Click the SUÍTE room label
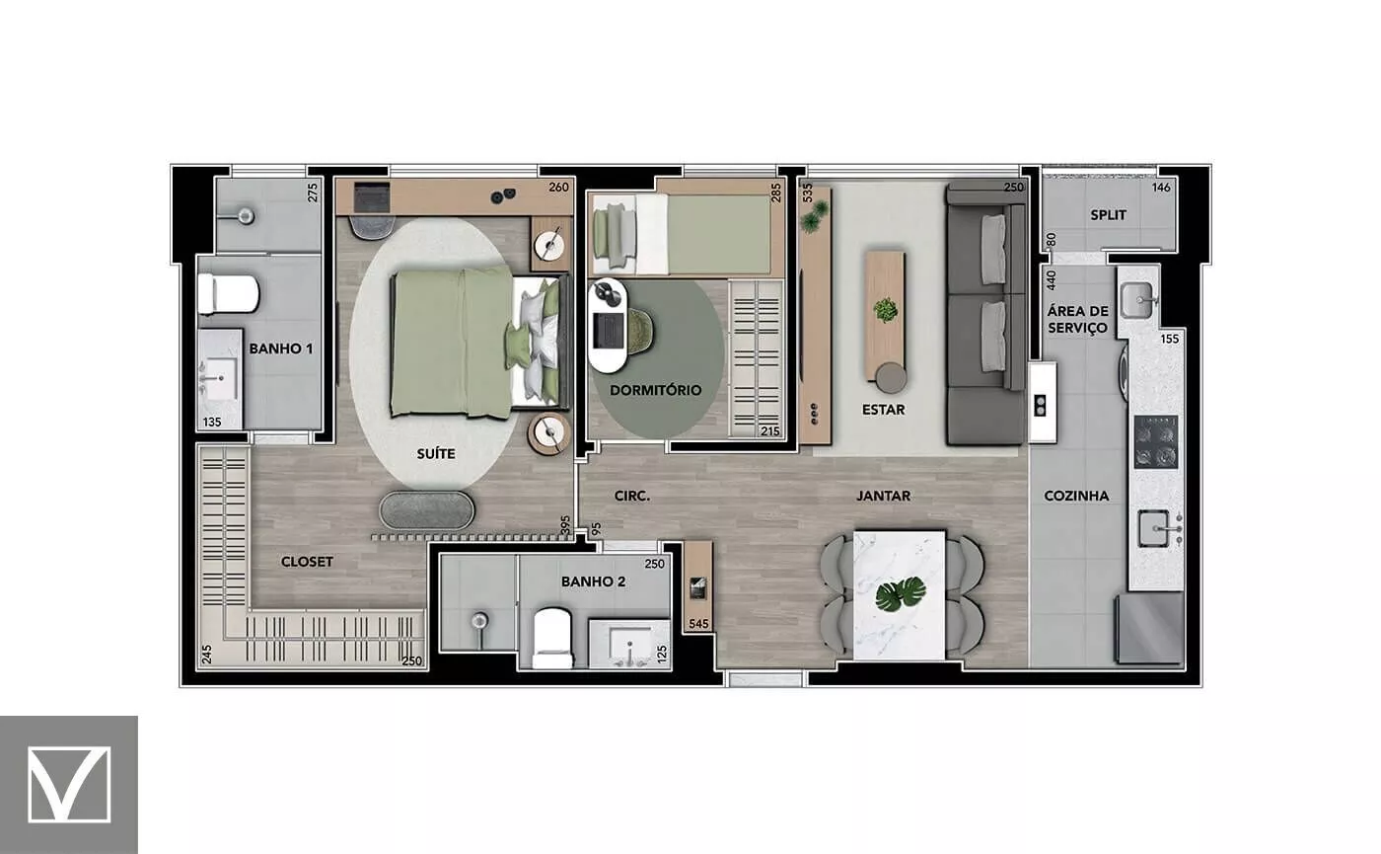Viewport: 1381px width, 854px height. (436, 454)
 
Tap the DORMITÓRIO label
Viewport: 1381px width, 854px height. (655, 390)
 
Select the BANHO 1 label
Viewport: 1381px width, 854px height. (280, 349)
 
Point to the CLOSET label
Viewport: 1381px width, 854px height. (307, 562)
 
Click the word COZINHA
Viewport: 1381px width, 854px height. (1076, 496)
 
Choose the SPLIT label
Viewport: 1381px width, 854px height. (1108, 215)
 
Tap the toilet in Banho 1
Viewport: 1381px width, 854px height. (228, 294)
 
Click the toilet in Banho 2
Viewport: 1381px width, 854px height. (552, 638)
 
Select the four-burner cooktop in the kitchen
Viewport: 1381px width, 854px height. (1156, 441)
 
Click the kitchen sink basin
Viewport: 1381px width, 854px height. (1153, 528)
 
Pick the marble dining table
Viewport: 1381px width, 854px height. (900, 594)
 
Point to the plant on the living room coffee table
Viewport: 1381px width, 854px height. (886, 309)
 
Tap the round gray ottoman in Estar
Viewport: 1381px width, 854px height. (891, 377)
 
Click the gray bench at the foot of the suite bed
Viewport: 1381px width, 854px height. (426, 510)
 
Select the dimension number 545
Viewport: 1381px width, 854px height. (698, 624)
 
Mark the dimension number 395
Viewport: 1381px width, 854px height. (565, 525)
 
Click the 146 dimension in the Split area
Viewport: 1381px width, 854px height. (1161, 187)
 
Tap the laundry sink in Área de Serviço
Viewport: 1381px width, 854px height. (1136, 300)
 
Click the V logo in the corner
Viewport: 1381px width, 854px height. (69, 784)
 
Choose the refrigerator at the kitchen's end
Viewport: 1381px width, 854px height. (1149, 628)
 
